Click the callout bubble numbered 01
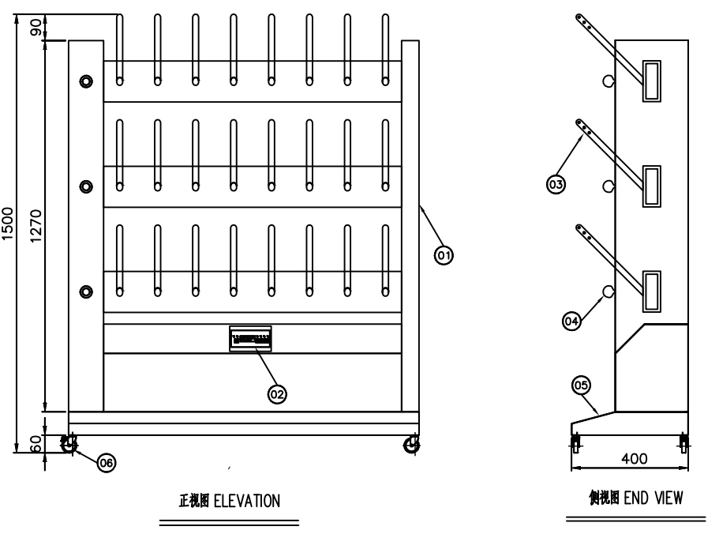tap(444, 255)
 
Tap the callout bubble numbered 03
tap(556, 185)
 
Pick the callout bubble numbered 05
tap(582, 385)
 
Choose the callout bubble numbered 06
tap(104, 463)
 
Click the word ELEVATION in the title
tap(249, 502)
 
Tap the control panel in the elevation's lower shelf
tap(250, 339)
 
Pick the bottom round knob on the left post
tap(85, 291)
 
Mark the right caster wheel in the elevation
tap(410, 446)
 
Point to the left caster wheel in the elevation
tap(69, 446)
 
